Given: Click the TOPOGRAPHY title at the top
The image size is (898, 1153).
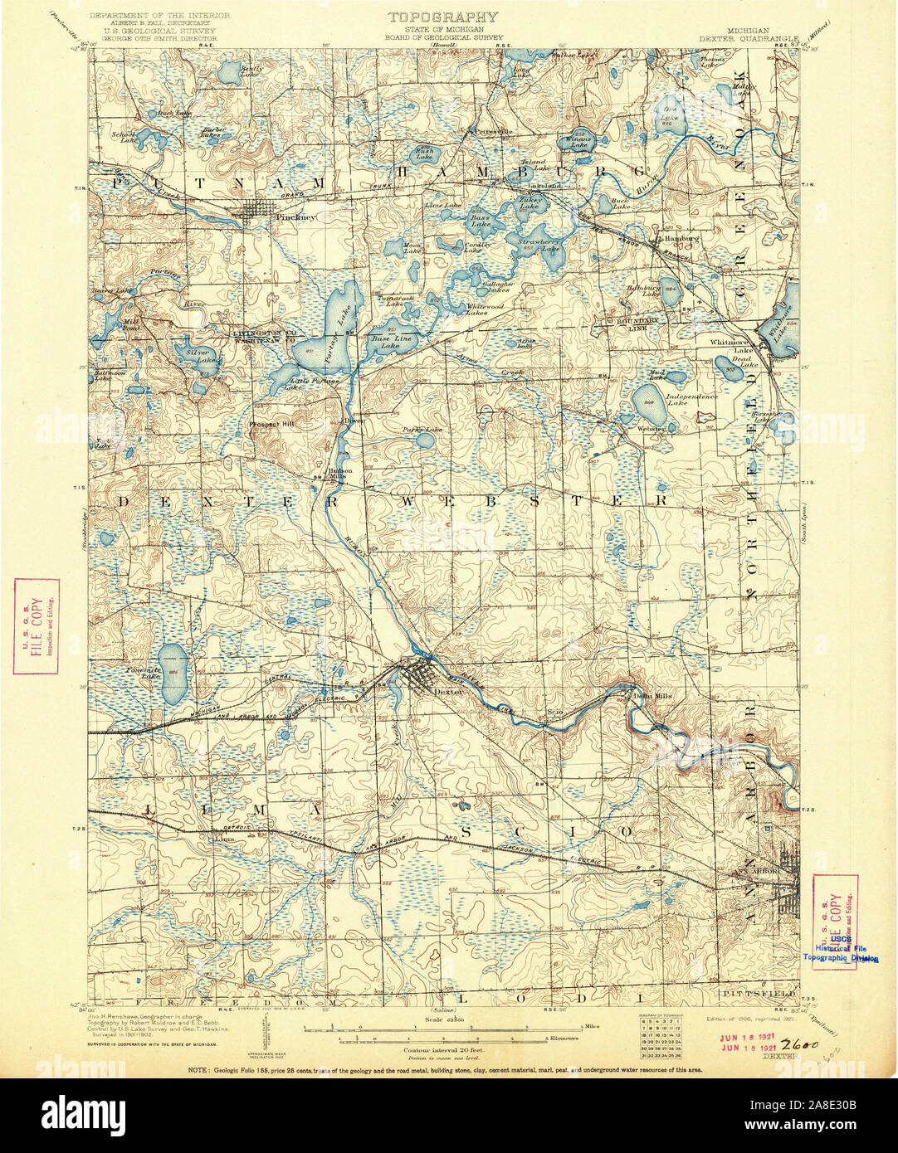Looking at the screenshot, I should pos(443,17).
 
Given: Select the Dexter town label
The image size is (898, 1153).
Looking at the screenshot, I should pos(447,690).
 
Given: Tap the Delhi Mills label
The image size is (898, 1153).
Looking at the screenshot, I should pos(652,695).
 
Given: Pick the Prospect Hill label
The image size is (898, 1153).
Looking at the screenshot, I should pos(271,424).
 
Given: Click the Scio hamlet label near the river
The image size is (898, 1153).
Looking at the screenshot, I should pos(555,711).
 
